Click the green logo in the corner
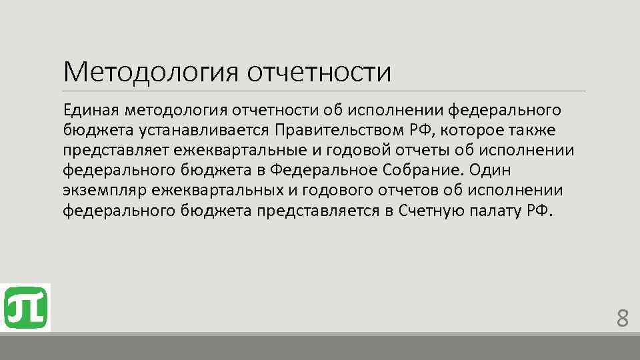(x=25, y=307)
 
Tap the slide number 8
(x=622, y=319)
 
